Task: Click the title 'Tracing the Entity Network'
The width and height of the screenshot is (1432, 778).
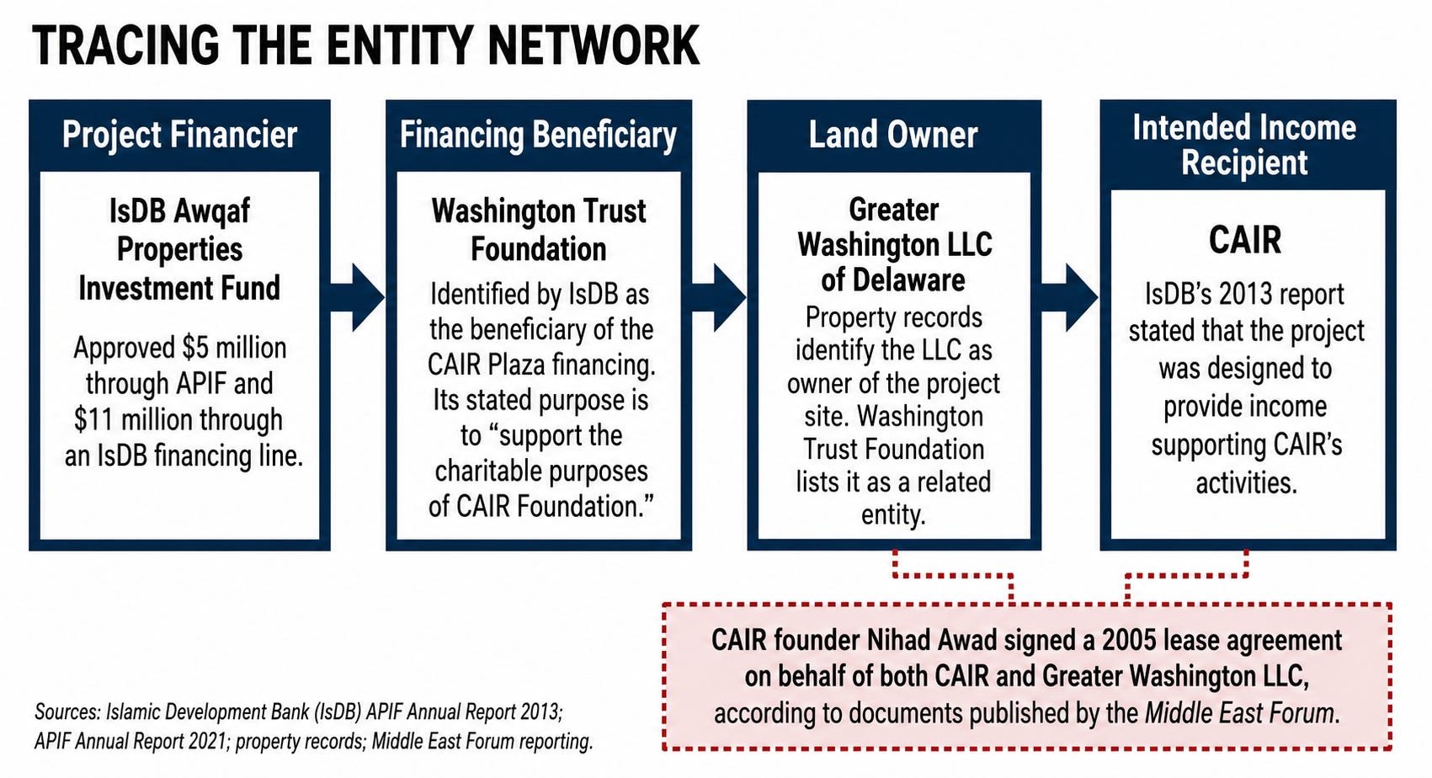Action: tap(365, 46)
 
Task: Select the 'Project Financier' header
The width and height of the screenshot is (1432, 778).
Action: tap(179, 135)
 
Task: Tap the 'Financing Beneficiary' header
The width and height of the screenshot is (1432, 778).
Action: tap(538, 135)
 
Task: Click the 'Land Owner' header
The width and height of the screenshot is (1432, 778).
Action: tap(893, 135)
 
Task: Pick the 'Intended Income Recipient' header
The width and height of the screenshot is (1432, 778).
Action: tap(1244, 145)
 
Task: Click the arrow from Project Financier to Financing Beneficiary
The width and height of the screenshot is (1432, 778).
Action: tap(357, 297)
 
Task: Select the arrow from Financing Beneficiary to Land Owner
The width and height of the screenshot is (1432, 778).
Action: tap(719, 297)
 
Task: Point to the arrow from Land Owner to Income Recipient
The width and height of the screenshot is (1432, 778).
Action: tap(1070, 297)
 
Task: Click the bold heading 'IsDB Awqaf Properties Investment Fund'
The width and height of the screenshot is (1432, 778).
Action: tap(179, 249)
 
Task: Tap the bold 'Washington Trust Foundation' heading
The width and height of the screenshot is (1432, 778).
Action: tap(539, 230)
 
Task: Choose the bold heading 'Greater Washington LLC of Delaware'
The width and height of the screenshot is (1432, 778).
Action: tap(894, 245)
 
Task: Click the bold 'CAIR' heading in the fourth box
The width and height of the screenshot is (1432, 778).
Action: tap(1245, 240)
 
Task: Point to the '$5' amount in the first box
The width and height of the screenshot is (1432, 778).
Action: tap(195, 349)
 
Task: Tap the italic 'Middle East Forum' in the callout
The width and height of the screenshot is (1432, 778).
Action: tap(1239, 713)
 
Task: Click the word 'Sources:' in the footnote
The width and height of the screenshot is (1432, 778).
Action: tap(67, 711)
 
